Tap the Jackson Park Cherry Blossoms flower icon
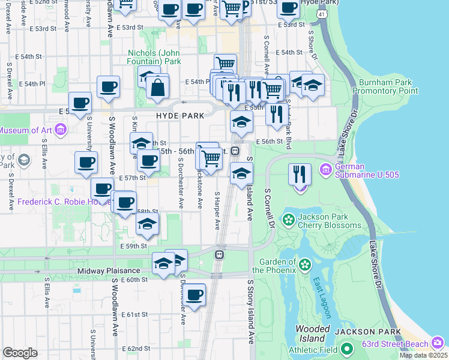(x=289, y=220)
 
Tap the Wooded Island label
(x=313, y=334)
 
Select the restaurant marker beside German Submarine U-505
(x=300, y=175)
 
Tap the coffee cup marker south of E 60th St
(x=194, y=296)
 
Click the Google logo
(x=20, y=353)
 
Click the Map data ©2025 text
(x=423, y=355)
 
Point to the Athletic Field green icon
(x=346, y=349)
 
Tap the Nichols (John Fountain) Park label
(x=154, y=57)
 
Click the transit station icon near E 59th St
(x=220, y=254)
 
